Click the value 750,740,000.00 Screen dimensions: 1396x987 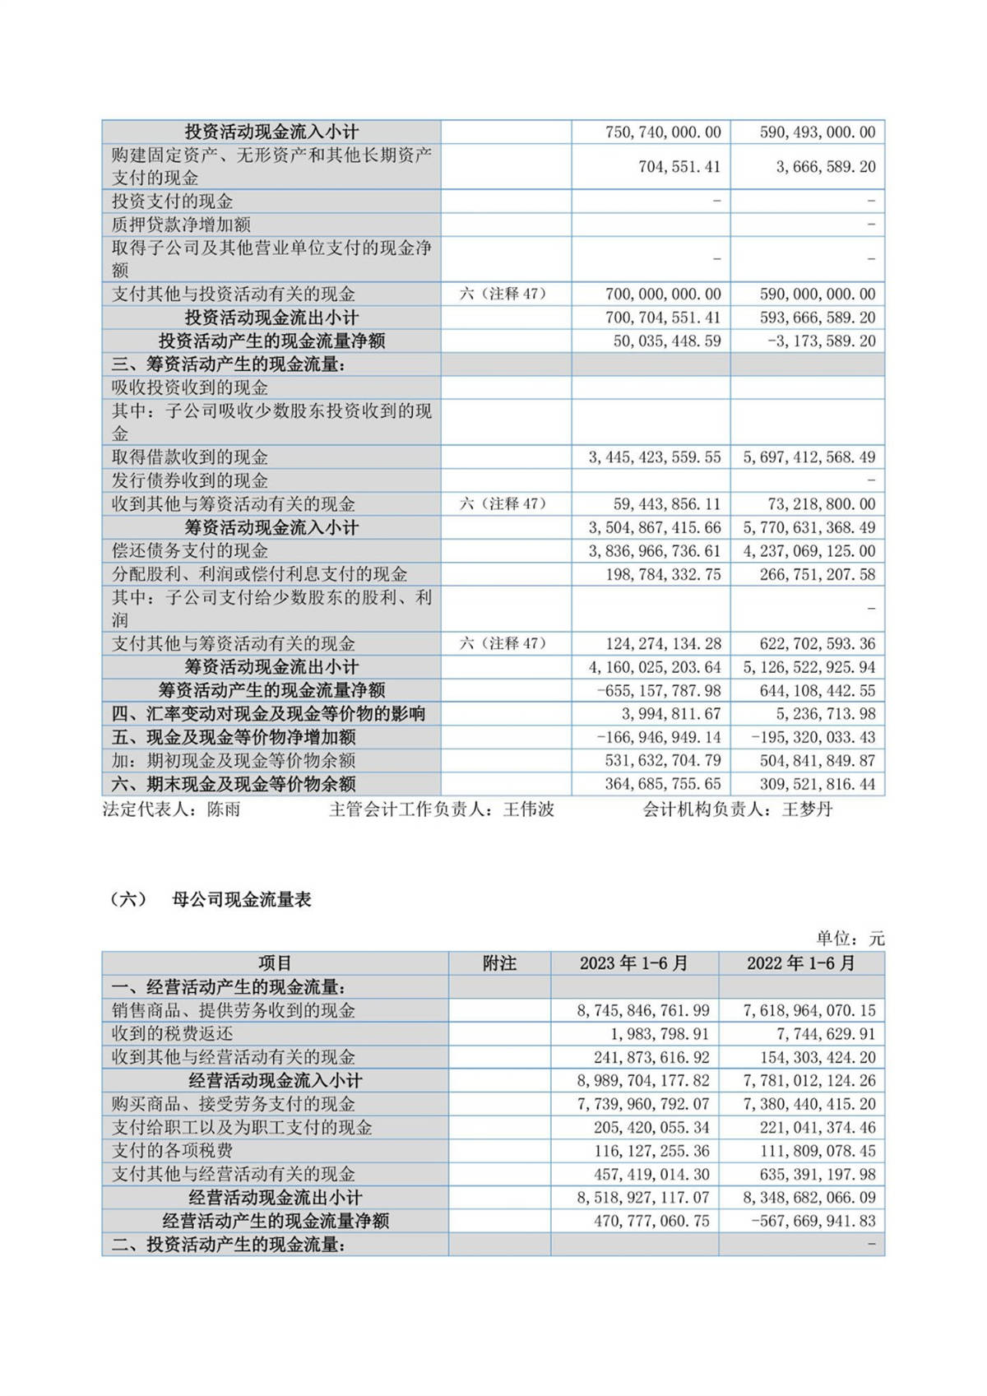[x=663, y=132]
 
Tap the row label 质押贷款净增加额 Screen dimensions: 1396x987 [x=181, y=225]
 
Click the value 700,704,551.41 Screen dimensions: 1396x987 [x=663, y=318]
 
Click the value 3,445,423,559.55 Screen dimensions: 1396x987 [x=654, y=457]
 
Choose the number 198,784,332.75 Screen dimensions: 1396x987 [x=663, y=574]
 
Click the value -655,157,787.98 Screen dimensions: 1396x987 [x=658, y=691]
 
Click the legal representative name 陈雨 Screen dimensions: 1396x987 [x=224, y=809]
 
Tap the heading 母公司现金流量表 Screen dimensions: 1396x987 [x=242, y=900]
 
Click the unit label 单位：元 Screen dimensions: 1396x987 [x=850, y=939]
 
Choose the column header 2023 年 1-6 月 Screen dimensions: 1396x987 [x=633, y=963]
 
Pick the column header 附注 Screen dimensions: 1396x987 [x=499, y=963]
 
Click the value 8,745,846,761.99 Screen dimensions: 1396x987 [x=643, y=1010]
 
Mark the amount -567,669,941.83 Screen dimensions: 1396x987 [x=813, y=1221]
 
